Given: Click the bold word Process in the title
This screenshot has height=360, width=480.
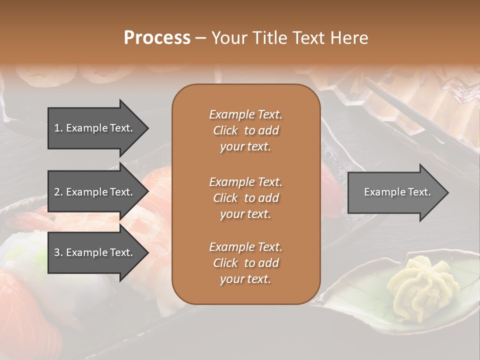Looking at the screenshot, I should [x=157, y=38].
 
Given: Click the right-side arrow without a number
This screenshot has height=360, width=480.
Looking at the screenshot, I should [x=397, y=192].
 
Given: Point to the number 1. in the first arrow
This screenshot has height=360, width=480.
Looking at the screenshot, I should [x=58, y=128].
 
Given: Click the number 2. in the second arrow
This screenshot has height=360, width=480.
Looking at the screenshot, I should [x=58, y=192].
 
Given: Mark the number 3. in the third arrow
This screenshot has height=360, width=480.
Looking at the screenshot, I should [x=58, y=252].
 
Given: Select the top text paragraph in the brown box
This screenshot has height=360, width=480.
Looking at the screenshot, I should [x=245, y=130].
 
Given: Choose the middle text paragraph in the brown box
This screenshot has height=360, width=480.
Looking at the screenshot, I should [x=245, y=198].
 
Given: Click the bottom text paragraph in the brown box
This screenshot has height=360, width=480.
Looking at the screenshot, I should [x=245, y=263].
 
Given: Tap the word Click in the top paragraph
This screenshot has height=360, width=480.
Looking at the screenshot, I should [x=225, y=131].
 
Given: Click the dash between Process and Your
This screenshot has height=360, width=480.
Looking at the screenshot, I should [x=200, y=38].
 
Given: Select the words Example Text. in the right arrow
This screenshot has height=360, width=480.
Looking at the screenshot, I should [x=397, y=192].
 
